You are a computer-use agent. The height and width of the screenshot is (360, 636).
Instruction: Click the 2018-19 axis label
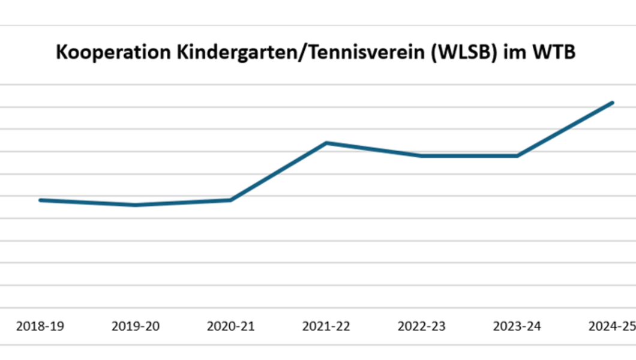[40, 326]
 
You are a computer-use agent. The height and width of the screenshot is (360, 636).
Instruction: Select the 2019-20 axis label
[136, 326]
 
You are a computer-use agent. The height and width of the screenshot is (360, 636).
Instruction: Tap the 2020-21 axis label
[231, 326]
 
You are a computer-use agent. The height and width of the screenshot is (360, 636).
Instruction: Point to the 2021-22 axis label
[326, 326]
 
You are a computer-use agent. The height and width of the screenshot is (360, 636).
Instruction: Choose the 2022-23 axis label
[422, 326]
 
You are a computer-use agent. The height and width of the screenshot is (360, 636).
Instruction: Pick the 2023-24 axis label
[517, 326]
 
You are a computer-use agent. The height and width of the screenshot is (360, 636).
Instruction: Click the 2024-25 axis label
[612, 326]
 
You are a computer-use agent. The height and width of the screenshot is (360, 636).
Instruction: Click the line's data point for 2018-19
[40, 200]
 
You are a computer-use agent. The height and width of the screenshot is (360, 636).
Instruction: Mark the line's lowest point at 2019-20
[136, 205]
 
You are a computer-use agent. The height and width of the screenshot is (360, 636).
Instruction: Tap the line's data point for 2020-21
[231, 200]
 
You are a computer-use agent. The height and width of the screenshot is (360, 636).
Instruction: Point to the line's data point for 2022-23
[422, 156]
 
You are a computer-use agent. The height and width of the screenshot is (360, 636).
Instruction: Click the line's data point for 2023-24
[517, 156]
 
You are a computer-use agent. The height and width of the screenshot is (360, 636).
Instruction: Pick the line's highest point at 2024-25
[613, 103]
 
